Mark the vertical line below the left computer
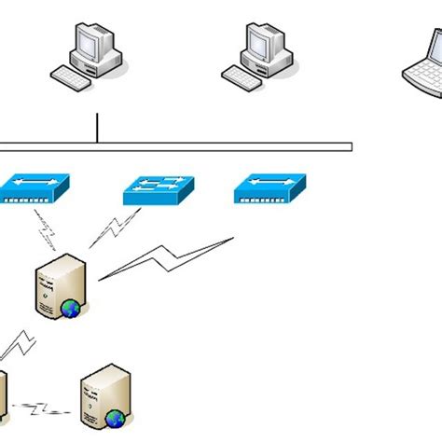click(97, 128)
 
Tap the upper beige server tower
click(60, 283)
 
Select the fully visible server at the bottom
click(103, 396)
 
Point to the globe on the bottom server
click(115, 419)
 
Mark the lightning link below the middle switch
click(115, 228)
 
